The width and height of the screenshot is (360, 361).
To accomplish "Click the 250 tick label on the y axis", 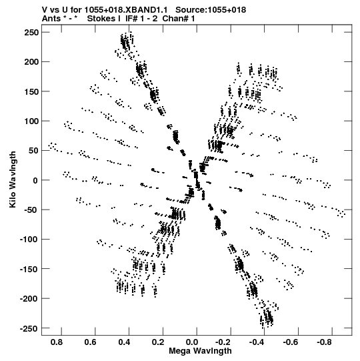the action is pos(31,33).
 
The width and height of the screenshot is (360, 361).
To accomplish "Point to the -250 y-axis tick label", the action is pos(29,328).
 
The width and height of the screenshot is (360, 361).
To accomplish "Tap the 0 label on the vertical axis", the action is pos(35,180).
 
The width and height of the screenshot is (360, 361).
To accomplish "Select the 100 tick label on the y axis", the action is pos(31,121).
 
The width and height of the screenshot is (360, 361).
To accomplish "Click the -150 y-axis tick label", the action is pos(29,269).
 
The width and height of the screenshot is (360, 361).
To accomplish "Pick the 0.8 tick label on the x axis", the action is pos(57,342).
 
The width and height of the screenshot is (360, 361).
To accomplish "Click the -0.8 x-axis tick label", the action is pos(324,342).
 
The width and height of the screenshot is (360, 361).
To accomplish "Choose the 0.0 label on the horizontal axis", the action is pos(192,342).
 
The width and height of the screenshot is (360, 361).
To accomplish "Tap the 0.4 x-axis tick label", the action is pos(124,342).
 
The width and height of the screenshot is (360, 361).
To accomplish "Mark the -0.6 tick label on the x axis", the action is pos(290,342).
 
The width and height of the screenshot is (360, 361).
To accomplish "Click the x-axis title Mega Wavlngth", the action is pos(200,351).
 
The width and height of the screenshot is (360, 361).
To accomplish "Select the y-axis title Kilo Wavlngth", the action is pos(13,179).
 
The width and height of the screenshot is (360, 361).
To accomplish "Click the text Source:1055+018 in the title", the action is pos(211,10).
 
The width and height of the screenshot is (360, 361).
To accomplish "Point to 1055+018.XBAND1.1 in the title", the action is pos(126,10).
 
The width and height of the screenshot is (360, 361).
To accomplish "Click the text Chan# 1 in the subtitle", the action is pos(179,19).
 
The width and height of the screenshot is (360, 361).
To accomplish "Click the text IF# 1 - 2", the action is pos(141,19).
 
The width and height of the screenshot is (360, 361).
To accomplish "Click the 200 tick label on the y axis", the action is pos(31,62).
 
